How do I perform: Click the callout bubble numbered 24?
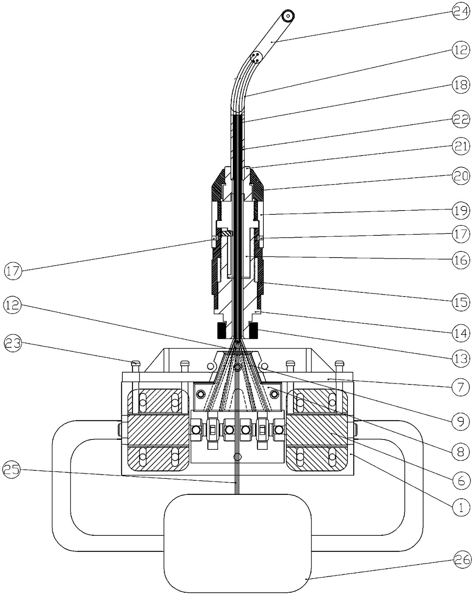coord(461,11)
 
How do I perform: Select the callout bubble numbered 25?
coord(11,469)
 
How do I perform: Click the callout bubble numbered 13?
coord(461,358)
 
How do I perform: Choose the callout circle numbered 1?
coord(461,507)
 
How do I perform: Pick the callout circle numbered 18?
coord(461,85)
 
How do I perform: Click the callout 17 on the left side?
coord(13,271)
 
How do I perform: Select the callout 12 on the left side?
coord(13,305)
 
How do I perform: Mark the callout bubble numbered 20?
coord(461,176)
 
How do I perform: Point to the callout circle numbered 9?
coord(461,422)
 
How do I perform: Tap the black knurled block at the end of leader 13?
coord(253,331)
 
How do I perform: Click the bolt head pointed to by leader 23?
coord(135,363)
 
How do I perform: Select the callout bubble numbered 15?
coord(461,303)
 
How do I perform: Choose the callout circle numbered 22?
coord(461,119)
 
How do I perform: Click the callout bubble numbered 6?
coord(461,480)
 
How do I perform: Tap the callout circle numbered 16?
coord(461,260)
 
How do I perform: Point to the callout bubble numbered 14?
coord(461,333)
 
